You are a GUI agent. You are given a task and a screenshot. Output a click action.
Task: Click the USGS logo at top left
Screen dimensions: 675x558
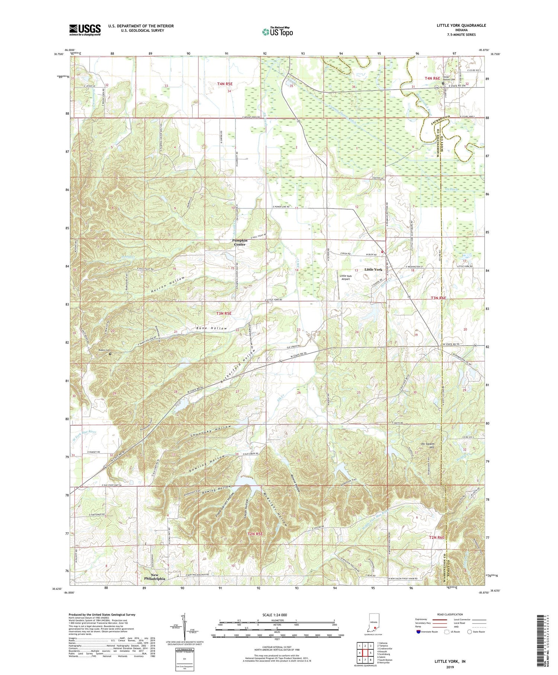(85, 30)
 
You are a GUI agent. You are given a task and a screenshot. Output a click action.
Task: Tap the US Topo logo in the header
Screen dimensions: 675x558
(277, 32)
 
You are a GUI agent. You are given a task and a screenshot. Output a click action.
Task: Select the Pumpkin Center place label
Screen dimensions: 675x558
(239, 242)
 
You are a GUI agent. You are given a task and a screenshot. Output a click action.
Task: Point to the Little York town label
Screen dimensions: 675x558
(373, 269)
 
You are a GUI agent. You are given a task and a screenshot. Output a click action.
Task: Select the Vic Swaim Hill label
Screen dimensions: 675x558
(427, 446)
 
